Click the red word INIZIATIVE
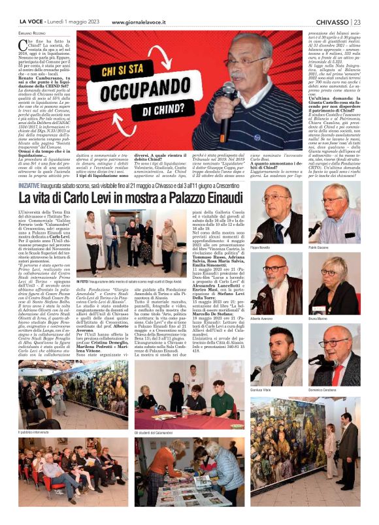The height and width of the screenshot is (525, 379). click(x=32, y=167)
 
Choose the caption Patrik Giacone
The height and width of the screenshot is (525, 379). click(x=319, y=247)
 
